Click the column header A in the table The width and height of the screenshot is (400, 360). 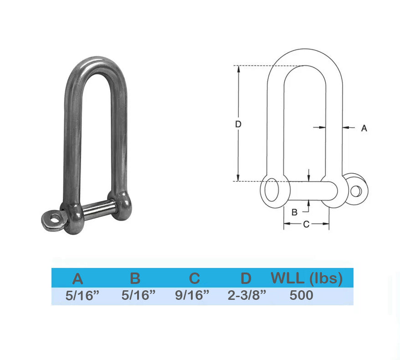click(x=78, y=278)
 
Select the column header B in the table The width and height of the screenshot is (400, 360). click(x=135, y=278)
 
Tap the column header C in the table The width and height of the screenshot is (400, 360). click(x=195, y=278)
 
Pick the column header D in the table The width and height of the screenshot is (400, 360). click(x=246, y=278)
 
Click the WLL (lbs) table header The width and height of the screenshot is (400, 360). click(x=307, y=278)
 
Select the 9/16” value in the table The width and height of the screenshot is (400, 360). click(x=192, y=295)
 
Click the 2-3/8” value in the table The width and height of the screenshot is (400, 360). click(x=247, y=295)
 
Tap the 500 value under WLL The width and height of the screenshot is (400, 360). click(x=301, y=295)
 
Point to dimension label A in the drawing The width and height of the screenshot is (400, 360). click(x=364, y=128)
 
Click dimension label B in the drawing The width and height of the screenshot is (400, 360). click(x=294, y=212)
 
